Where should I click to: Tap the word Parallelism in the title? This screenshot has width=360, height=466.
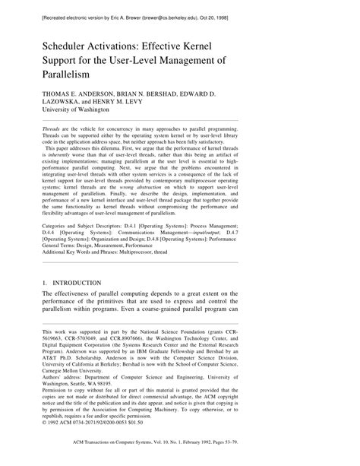pos(73,76)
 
